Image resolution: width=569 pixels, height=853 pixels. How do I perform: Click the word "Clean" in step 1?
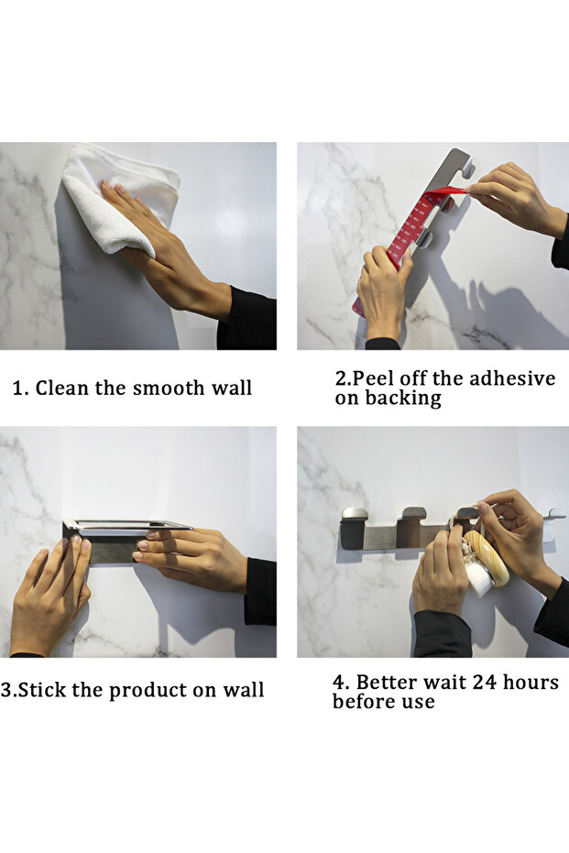tap(62, 388)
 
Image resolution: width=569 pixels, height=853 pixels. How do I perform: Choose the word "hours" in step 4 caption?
tap(531, 683)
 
